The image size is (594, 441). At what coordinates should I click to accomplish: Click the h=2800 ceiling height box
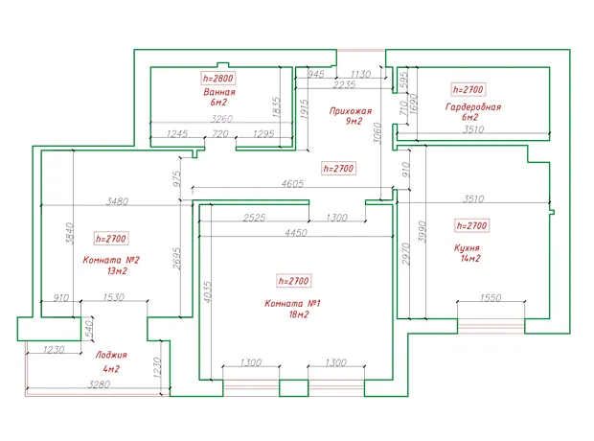pyautogui.click(x=217, y=79)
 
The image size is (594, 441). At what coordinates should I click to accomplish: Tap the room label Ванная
pyautogui.click(x=219, y=92)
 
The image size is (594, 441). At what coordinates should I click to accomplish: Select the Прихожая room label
pyautogui.click(x=351, y=111)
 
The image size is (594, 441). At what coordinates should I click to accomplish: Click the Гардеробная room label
pyautogui.click(x=473, y=107)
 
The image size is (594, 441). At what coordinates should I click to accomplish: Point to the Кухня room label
pyautogui.click(x=467, y=248)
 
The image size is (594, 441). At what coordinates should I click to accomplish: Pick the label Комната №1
pyautogui.click(x=292, y=304)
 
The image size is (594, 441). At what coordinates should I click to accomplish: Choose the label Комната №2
pyautogui.click(x=111, y=260)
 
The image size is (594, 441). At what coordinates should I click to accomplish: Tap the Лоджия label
pyautogui.click(x=111, y=356)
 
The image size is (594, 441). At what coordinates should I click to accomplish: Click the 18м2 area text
pyautogui.click(x=299, y=314)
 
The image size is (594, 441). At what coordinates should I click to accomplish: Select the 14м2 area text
pyautogui.click(x=470, y=258)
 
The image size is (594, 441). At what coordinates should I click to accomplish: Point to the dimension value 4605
pyautogui.click(x=292, y=183)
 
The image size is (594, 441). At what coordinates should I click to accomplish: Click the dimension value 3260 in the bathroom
pyautogui.click(x=221, y=119)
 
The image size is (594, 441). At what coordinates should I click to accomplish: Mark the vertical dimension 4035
pyautogui.click(x=208, y=291)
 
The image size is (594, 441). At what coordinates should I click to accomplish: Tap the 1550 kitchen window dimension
pyautogui.click(x=491, y=298)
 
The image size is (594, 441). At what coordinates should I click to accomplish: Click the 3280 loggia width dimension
pyautogui.click(x=99, y=384)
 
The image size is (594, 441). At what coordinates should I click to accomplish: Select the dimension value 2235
pyautogui.click(x=344, y=84)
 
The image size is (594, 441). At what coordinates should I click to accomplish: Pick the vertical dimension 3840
pyautogui.click(x=70, y=233)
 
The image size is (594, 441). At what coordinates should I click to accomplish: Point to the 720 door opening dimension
pyautogui.click(x=220, y=134)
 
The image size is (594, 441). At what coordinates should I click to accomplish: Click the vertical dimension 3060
pyautogui.click(x=377, y=132)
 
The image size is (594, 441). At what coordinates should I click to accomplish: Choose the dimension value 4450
pyautogui.click(x=296, y=233)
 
